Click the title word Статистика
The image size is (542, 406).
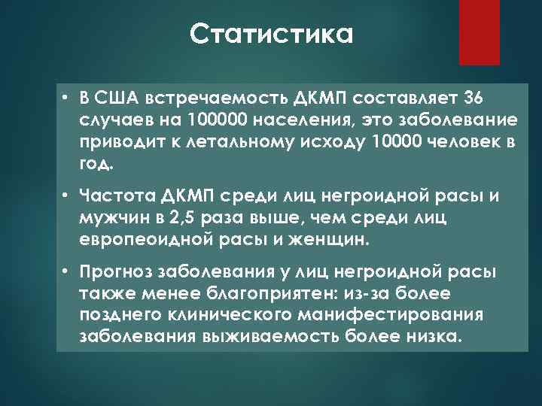click(x=271, y=34)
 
